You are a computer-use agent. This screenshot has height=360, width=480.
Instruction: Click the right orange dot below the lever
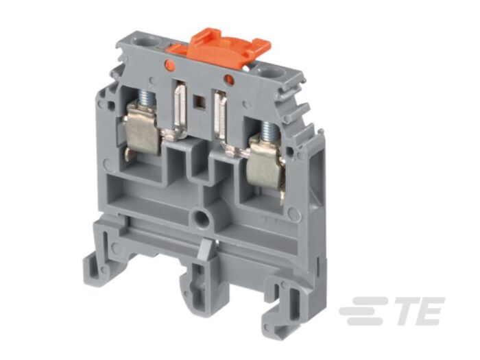point(229,80)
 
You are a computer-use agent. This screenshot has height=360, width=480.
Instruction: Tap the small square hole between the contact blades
point(201,104)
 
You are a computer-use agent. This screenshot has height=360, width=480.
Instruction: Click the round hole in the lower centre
point(202,221)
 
